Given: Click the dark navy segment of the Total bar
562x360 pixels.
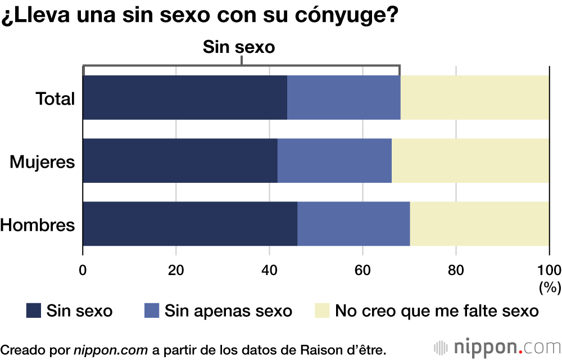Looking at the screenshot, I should (185, 97).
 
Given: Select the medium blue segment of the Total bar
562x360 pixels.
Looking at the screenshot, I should (343, 97).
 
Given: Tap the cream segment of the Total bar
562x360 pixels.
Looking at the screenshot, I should (474, 97).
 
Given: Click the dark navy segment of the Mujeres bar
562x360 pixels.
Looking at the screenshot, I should (180, 160).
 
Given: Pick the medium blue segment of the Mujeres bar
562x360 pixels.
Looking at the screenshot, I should (334, 160).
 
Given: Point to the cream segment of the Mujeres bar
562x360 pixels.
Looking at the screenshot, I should (470, 160).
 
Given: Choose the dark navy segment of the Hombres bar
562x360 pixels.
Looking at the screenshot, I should (190, 223).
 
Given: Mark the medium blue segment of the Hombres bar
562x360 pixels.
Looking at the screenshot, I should (353, 223).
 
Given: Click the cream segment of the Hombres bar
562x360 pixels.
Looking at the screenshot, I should (479, 223).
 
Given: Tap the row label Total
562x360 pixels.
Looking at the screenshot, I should (55, 99).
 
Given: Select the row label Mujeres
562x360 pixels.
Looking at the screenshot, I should (43, 162).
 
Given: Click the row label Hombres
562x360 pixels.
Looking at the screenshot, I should (38, 225).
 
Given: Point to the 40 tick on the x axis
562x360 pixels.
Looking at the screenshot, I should (269, 268).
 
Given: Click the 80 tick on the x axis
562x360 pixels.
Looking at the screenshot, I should (456, 268).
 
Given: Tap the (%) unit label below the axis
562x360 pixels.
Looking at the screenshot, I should (550, 287).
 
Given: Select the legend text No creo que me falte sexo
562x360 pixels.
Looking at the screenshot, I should (437, 310).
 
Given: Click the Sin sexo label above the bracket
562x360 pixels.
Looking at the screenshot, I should (238, 47).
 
